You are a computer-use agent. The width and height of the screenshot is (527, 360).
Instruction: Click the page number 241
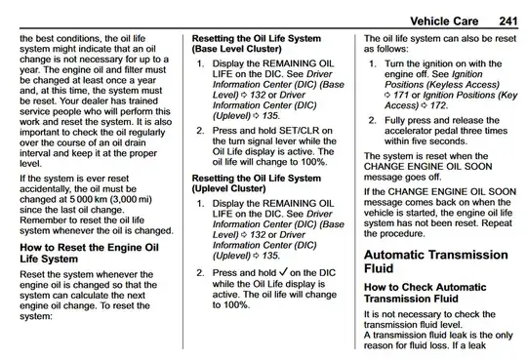tap(508, 21)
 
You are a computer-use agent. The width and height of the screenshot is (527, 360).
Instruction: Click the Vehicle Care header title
tap(444, 21)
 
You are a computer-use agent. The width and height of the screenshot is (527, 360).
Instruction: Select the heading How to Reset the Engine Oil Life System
tap(89, 253)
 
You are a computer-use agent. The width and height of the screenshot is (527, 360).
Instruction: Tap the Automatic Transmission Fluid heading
tap(436, 261)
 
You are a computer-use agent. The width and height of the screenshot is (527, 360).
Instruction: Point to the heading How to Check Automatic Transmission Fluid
tap(426, 293)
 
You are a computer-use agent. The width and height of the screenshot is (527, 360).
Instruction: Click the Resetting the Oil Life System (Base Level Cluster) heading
tap(257, 44)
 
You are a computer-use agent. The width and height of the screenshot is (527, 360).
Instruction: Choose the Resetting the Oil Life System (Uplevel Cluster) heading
tap(257, 183)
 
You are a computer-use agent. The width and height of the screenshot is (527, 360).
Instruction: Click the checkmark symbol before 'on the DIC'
tap(283, 272)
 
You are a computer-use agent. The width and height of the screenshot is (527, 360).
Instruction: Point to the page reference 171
tap(401, 96)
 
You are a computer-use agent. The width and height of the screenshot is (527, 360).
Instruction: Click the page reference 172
tap(438, 105)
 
